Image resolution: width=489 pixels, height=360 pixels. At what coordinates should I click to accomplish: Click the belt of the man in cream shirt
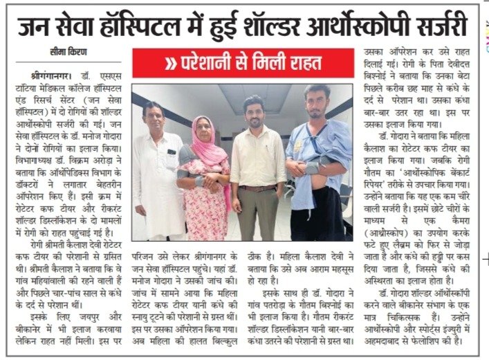click(257, 188)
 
